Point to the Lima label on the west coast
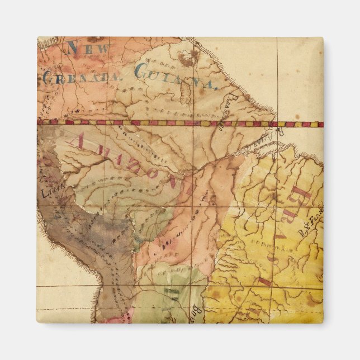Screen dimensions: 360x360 49,192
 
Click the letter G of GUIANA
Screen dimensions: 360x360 142,71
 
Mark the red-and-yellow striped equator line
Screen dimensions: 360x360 168,122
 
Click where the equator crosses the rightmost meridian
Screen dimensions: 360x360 278,124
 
